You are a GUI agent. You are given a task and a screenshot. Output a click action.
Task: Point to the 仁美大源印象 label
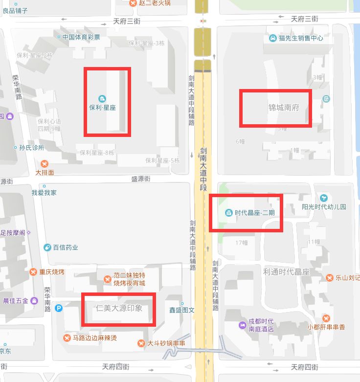[119, 308]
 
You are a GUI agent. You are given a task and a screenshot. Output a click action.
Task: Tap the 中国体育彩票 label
[81, 37]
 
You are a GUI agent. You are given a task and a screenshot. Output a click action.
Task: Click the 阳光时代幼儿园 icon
[323, 198]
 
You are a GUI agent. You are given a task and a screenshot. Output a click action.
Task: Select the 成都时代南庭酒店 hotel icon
[243, 325]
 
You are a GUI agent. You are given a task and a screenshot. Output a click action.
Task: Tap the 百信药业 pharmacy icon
[47, 247]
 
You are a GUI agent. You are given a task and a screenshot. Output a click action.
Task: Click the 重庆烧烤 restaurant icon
[33, 272]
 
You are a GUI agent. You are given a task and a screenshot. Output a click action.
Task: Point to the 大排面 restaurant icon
[45, 163]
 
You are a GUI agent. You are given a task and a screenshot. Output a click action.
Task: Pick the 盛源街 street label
[142, 180]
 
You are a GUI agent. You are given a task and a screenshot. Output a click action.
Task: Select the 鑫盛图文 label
[181, 310]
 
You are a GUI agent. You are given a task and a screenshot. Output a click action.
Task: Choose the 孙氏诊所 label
[32, 147]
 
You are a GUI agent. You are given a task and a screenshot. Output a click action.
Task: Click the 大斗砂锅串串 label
[166, 343]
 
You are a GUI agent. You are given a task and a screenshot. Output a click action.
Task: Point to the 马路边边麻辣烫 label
[94, 338]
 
